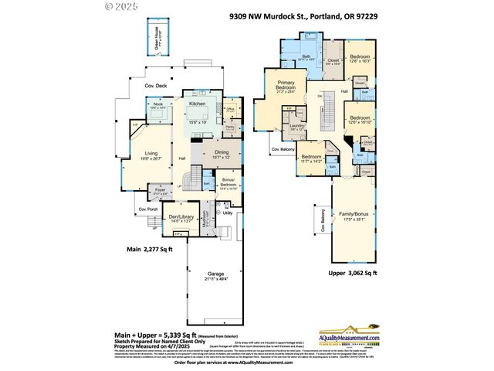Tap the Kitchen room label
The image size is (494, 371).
pos(198,103)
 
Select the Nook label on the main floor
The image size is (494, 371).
pos(158,104)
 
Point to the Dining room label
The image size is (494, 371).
pos(222,153)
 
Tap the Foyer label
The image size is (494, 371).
pos(161,189)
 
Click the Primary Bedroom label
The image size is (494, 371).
pos(287,89)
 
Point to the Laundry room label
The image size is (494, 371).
pos(297,126)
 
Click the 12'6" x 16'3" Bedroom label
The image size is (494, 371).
pos(360,57)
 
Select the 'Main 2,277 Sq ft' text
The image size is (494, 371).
pos(151,250)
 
